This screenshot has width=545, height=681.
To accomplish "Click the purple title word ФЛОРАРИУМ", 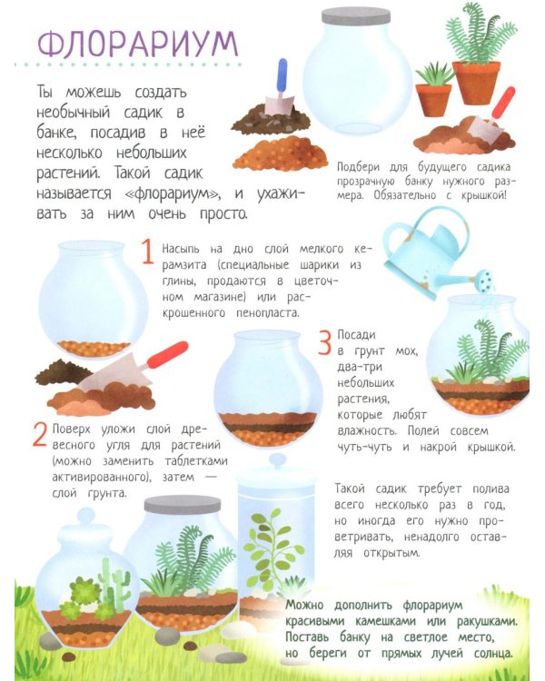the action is [138, 44].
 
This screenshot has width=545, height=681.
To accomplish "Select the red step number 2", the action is [40, 434].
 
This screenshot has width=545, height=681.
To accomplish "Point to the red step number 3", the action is [325, 342].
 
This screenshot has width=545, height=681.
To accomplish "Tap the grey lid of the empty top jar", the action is [355, 17].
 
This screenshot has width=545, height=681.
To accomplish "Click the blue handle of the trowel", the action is [282, 74].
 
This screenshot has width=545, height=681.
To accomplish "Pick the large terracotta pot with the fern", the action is [476, 82].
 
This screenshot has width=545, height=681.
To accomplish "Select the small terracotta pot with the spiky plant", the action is [434, 100].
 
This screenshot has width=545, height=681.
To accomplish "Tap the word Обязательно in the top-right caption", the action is [404, 195].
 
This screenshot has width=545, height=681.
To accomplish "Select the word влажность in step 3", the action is [367, 430].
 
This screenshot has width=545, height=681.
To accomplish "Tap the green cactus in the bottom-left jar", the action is [114, 582].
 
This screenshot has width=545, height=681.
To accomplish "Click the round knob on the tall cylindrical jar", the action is [277, 459].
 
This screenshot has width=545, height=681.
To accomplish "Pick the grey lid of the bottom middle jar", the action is [183, 504].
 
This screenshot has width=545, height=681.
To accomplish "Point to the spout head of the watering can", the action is [484, 280].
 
